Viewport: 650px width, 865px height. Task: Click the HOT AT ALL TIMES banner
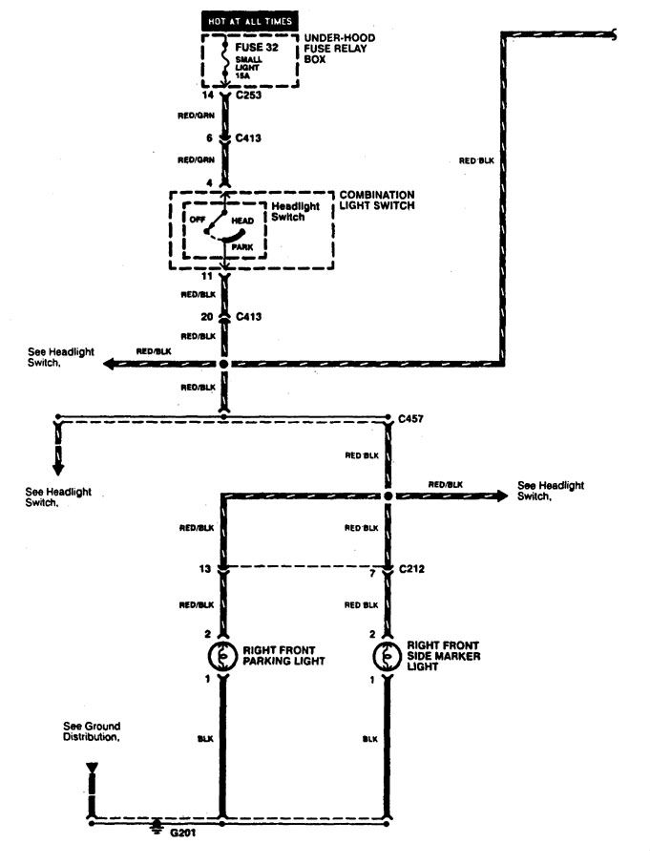[x=250, y=21]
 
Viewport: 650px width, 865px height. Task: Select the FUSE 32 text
[x=257, y=48]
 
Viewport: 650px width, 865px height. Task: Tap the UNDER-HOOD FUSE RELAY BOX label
[x=339, y=48]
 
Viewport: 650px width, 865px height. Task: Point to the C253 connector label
[x=249, y=95]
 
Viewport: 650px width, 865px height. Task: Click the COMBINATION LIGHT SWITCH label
[x=377, y=200]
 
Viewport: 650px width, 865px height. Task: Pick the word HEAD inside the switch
[x=242, y=221]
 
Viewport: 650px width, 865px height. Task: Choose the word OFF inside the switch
[x=198, y=219]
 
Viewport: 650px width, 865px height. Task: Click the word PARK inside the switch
[x=242, y=247]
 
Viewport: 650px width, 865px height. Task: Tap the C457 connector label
[x=410, y=419]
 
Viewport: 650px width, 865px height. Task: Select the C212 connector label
[x=411, y=569]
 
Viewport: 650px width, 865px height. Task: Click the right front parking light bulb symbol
[x=222, y=655]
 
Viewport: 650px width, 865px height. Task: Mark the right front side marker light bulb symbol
[x=388, y=655]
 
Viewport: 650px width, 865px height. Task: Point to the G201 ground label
[x=182, y=833]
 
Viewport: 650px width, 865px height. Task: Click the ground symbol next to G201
[x=157, y=827]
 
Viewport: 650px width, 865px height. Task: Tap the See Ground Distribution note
[x=92, y=731]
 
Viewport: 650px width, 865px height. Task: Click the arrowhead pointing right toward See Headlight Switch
[x=501, y=496]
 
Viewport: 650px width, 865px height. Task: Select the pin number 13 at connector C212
[x=205, y=569]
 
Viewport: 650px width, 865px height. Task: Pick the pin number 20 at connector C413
[x=207, y=317]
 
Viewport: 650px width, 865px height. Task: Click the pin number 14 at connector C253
[x=207, y=95]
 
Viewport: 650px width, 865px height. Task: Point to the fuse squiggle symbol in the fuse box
[x=224, y=58]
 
